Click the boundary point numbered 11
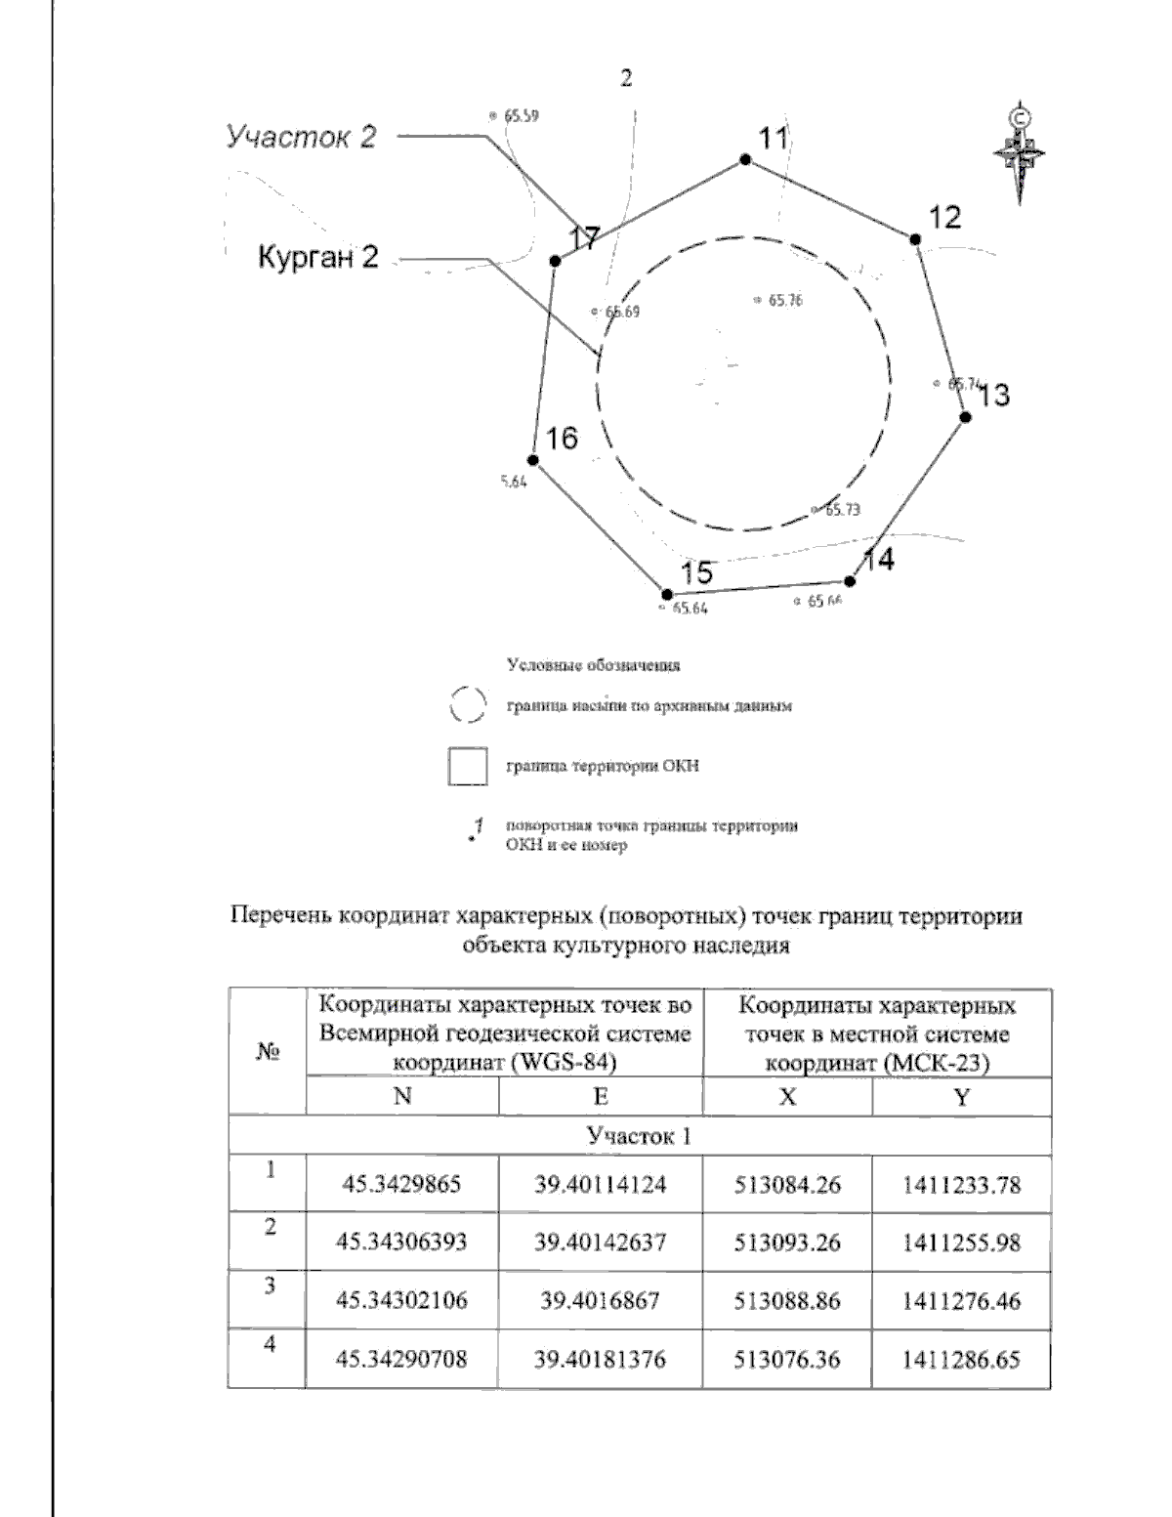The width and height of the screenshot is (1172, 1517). pos(745,159)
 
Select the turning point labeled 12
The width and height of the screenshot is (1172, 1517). pos(916,239)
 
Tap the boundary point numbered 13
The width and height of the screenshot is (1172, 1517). pos(965,417)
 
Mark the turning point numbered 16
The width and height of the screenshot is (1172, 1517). pos(533,460)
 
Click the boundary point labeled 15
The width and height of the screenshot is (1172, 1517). pos(666,594)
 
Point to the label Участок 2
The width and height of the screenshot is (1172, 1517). pos(301,137)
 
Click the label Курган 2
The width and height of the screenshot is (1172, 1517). pos(317,258)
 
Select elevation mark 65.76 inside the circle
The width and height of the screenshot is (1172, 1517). pos(778,301)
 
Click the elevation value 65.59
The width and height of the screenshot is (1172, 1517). pos(521,114)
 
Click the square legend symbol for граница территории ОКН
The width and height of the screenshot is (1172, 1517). pos(467,766)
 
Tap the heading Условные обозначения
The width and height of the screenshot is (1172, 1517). pos(594,666)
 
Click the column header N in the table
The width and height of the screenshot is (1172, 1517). pos(401,1097)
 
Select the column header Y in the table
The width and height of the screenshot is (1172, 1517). pos(962,1097)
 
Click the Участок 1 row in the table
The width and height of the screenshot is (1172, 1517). pos(640,1136)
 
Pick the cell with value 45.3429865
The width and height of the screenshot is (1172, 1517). pos(401,1185)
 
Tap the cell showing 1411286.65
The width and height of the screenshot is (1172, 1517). pos(962,1359)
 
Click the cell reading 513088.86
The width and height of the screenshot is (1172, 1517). pos(787,1301)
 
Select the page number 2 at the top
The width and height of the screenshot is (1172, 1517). pos(626,80)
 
